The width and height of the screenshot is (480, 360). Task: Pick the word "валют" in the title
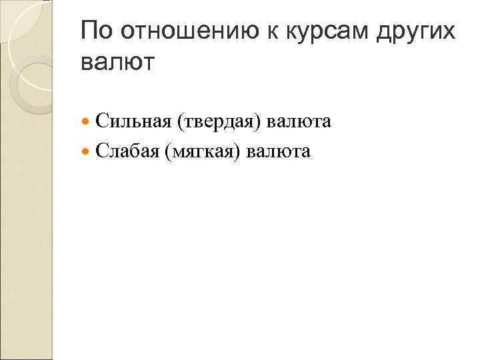[x=117, y=63]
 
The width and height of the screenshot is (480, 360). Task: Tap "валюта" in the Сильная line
[x=299, y=122]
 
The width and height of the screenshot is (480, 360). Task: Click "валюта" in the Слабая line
[x=279, y=152]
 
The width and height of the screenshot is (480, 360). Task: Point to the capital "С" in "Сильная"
[x=101, y=122]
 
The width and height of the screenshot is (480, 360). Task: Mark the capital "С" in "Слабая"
[x=101, y=152]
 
